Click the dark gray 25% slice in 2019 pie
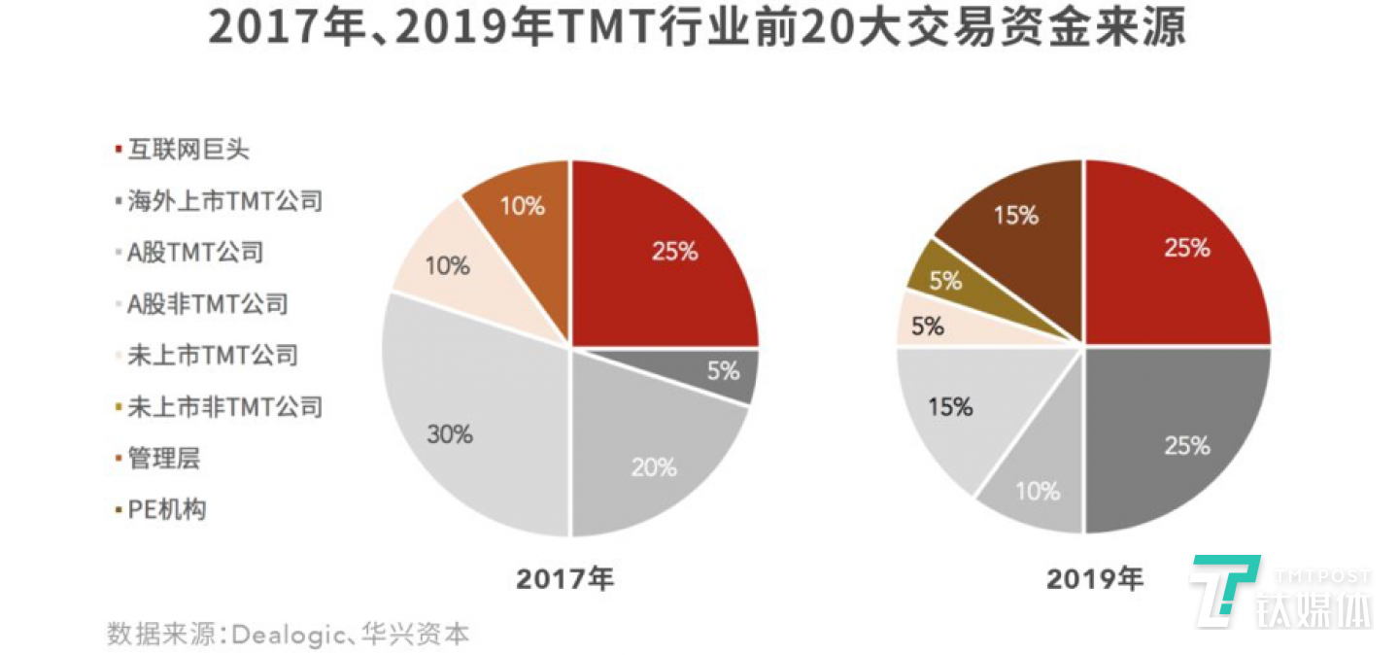click(x=1176, y=437)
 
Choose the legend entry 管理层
click(x=163, y=458)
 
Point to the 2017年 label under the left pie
click(x=565, y=580)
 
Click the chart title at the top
click(x=698, y=29)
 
